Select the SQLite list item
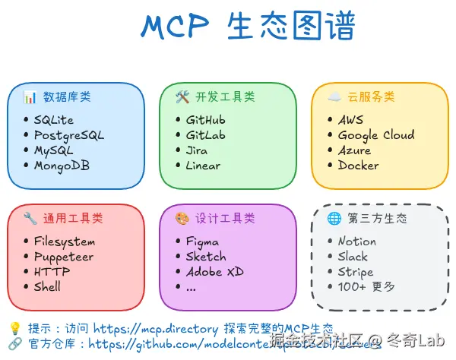click(x=53, y=120)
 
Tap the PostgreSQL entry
click(x=68, y=135)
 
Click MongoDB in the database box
click(x=61, y=166)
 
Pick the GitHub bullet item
click(x=205, y=120)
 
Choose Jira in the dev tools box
click(x=196, y=150)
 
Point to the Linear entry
click(x=203, y=166)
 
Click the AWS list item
click(x=350, y=120)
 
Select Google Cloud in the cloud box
click(x=376, y=135)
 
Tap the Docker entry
click(x=358, y=166)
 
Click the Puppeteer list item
click(x=63, y=257)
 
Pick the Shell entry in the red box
click(x=47, y=287)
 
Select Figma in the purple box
click(x=202, y=242)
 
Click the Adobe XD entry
click(x=214, y=272)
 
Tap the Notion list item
click(x=356, y=242)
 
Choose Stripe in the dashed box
click(x=356, y=272)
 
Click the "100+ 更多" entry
click(x=366, y=287)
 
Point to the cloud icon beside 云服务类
click(x=334, y=97)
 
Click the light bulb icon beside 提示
click(x=14, y=329)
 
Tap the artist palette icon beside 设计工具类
click(x=182, y=219)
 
